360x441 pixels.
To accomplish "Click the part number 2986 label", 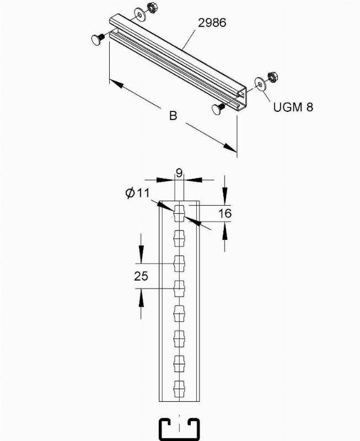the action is click(x=212, y=23).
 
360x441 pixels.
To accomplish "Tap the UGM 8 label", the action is click(x=293, y=107).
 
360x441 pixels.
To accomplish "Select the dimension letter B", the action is click(x=173, y=116).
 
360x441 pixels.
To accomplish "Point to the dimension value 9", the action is click(x=179, y=173).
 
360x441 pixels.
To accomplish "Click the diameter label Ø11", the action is click(x=137, y=193).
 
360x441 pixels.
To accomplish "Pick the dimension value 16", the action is click(x=225, y=213).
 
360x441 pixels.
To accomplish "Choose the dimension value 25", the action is click(x=141, y=276).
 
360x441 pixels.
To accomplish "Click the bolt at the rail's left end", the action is click(x=98, y=39).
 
